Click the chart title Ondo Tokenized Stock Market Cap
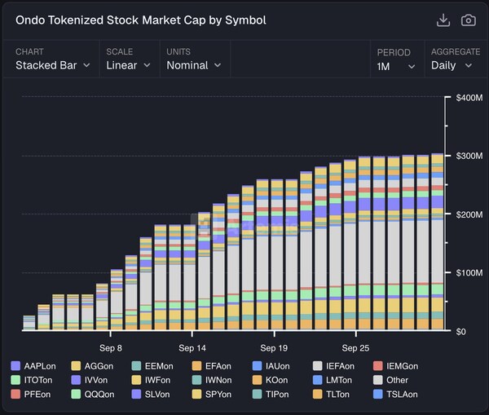tap(140, 20)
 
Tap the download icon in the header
tap(443, 20)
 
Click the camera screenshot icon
tap(468, 20)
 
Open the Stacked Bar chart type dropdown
tap(53, 65)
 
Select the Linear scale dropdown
tap(129, 65)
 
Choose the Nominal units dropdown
tap(194, 65)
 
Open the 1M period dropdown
tap(396, 66)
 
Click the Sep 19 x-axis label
tap(274, 334)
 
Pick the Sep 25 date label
tap(356, 334)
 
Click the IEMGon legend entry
tap(397, 366)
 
